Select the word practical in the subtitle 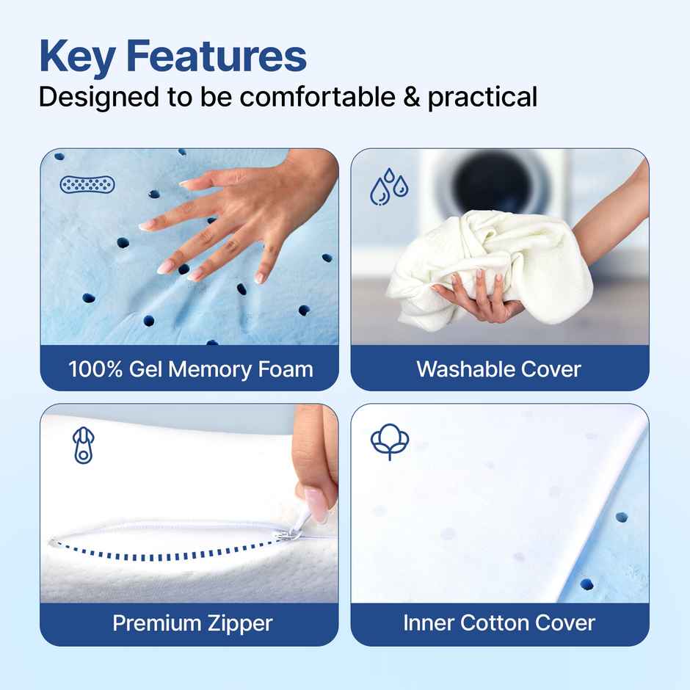point(482,97)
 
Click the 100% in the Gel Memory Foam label point(95,368)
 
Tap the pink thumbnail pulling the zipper point(314,506)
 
